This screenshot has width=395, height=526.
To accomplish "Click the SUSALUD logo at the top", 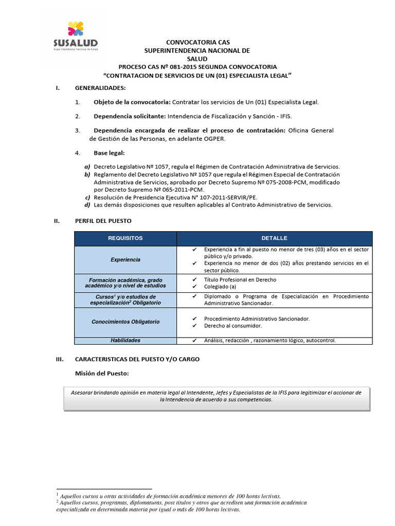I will [75, 36].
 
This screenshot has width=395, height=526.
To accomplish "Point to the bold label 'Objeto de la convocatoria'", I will [131, 102].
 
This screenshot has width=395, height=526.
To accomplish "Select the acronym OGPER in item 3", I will [214, 139].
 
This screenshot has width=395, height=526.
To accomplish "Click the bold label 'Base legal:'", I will [109, 153].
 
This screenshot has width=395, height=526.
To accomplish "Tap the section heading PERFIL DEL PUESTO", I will [103, 221].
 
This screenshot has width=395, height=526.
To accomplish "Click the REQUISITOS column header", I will [125, 238].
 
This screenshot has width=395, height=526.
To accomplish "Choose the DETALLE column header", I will [274, 238].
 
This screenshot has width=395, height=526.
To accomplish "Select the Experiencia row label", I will [125, 259].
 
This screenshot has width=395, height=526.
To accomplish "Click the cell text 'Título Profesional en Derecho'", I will [240, 279].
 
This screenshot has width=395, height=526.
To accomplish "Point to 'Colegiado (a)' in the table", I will [220, 287].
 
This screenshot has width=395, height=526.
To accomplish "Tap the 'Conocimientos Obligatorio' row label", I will [125, 322].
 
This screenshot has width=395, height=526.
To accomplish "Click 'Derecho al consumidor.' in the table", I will [233, 326].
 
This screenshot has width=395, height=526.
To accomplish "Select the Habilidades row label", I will [125, 340].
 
